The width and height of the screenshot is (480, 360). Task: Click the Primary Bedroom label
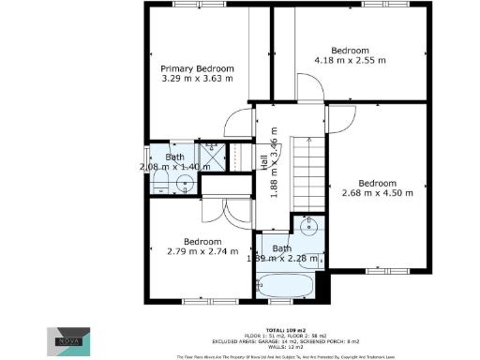(197, 68)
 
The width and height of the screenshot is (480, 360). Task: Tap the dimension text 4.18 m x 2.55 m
(350, 61)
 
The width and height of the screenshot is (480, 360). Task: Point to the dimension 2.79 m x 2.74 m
(201, 250)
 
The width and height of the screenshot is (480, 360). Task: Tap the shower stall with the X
(212, 160)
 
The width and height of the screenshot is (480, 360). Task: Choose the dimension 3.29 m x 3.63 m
(197, 80)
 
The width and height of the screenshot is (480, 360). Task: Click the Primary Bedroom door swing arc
(239, 122)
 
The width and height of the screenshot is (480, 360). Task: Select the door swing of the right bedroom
(341, 117)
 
